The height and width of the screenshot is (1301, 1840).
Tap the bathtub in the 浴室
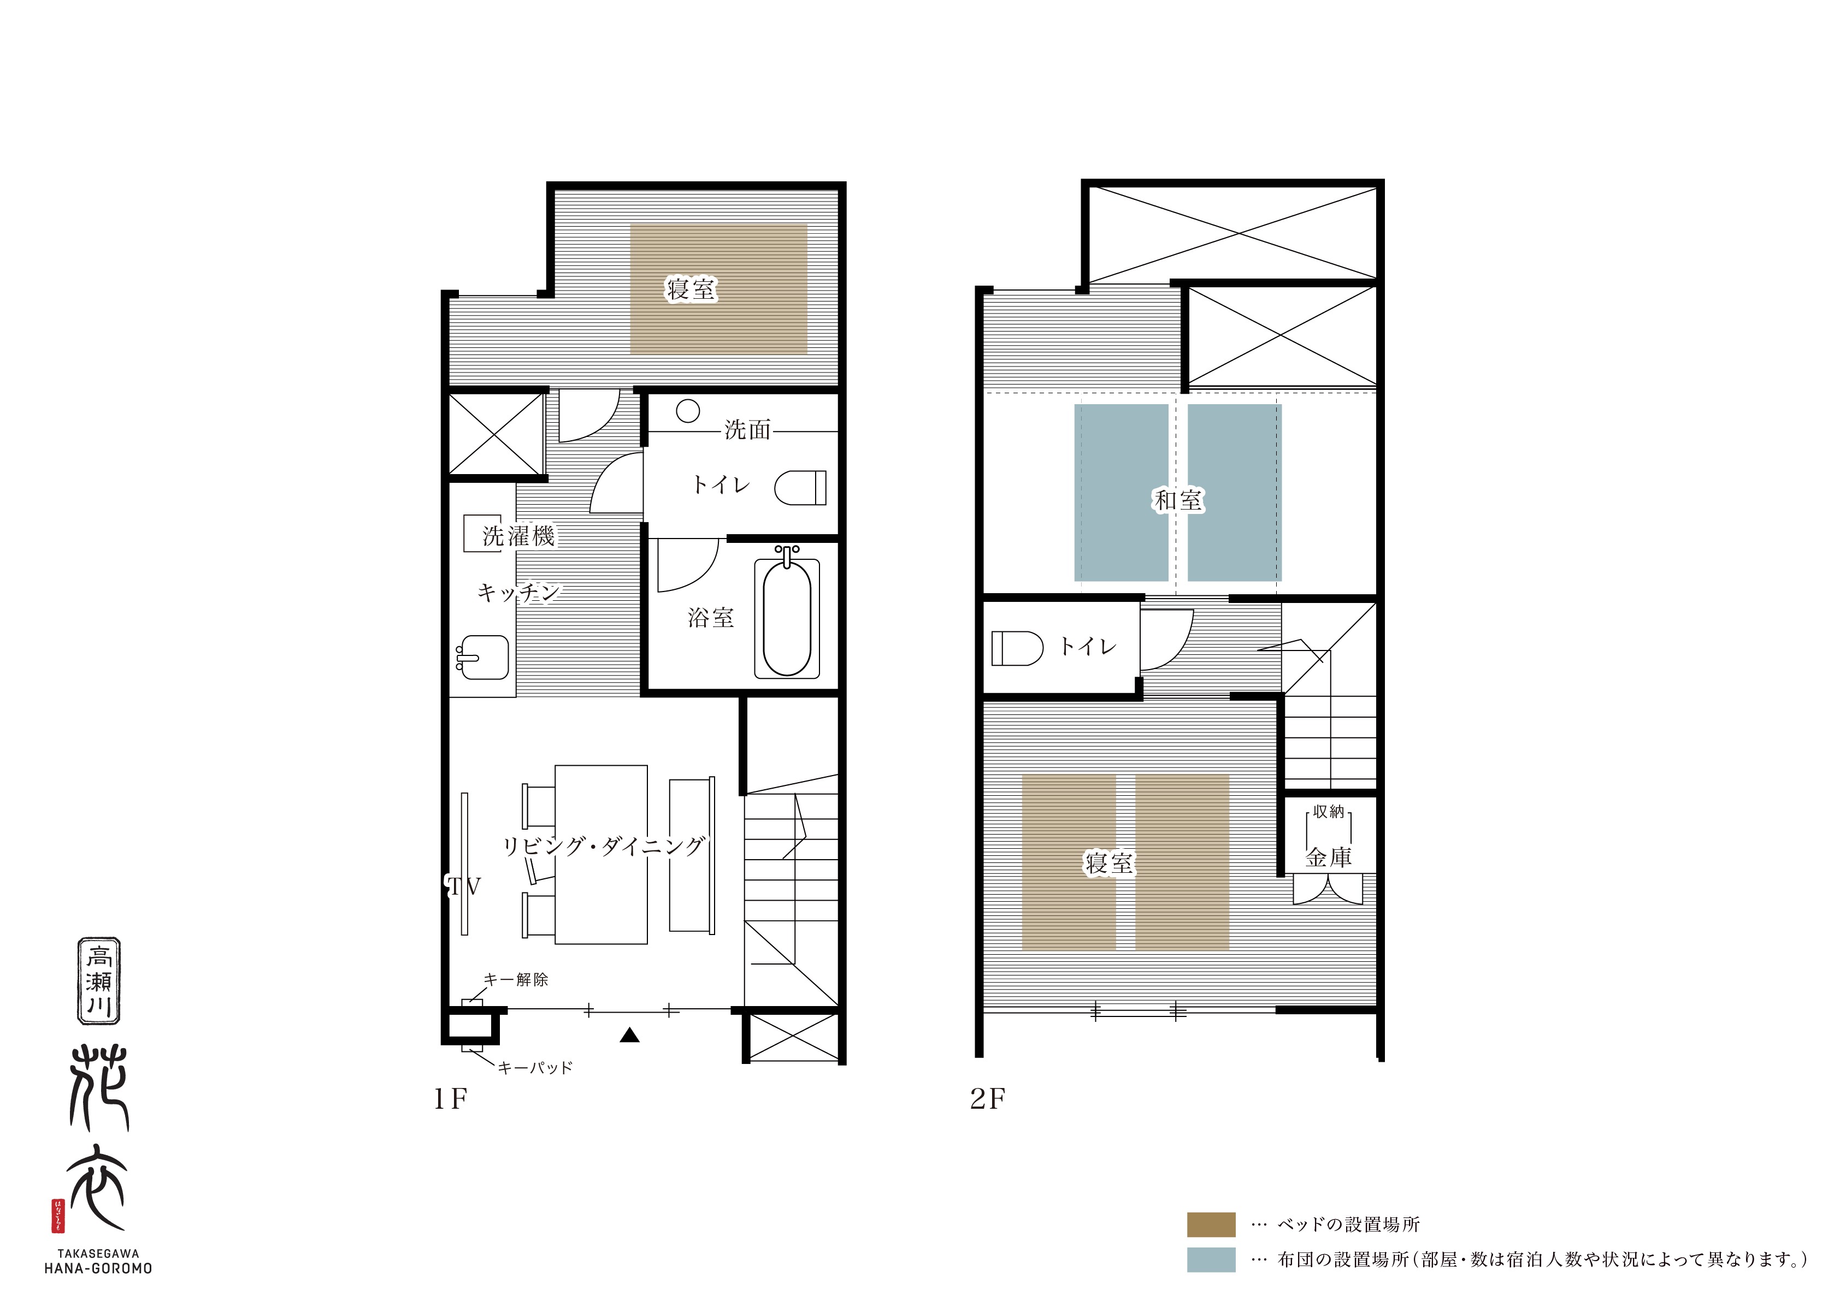coord(787,612)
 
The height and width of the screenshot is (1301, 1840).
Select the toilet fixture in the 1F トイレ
coord(800,487)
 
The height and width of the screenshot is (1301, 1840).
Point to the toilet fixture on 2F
coord(1017,648)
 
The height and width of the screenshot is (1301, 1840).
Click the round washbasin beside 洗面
coord(688,411)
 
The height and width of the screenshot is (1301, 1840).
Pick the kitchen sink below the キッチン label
coord(482,658)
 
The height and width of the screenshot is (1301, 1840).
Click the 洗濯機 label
coord(518,536)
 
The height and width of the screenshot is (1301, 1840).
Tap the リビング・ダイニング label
coord(604,846)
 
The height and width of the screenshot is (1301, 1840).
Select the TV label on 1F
coord(463,886)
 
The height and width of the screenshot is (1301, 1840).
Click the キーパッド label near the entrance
coord(535,1068)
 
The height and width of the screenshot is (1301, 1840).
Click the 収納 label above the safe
coord(1329,812)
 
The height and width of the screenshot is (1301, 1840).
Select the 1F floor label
coord(450,1099)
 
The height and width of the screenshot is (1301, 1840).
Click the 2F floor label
coord(987,1099)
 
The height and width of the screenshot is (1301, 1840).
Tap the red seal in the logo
coord(58,1216)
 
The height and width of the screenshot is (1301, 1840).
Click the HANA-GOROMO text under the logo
coord(98,1269)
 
